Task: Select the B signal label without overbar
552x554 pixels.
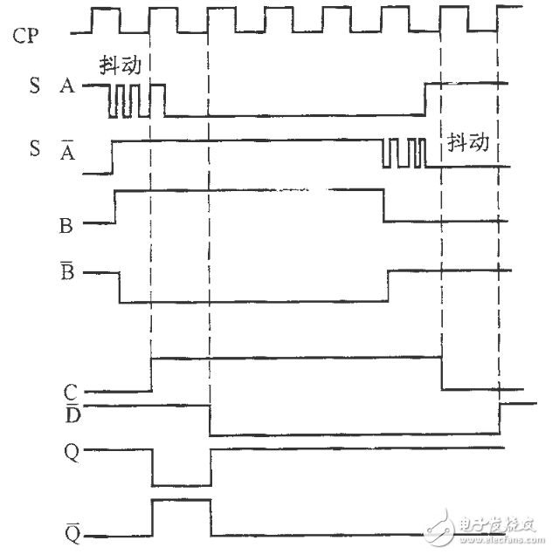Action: point(66,224)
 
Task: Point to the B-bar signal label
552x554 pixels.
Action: point(66,272)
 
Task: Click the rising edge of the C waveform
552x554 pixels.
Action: point(152,373)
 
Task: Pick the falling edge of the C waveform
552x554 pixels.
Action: point(442,373)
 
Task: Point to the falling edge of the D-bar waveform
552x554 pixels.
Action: point(210,420)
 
